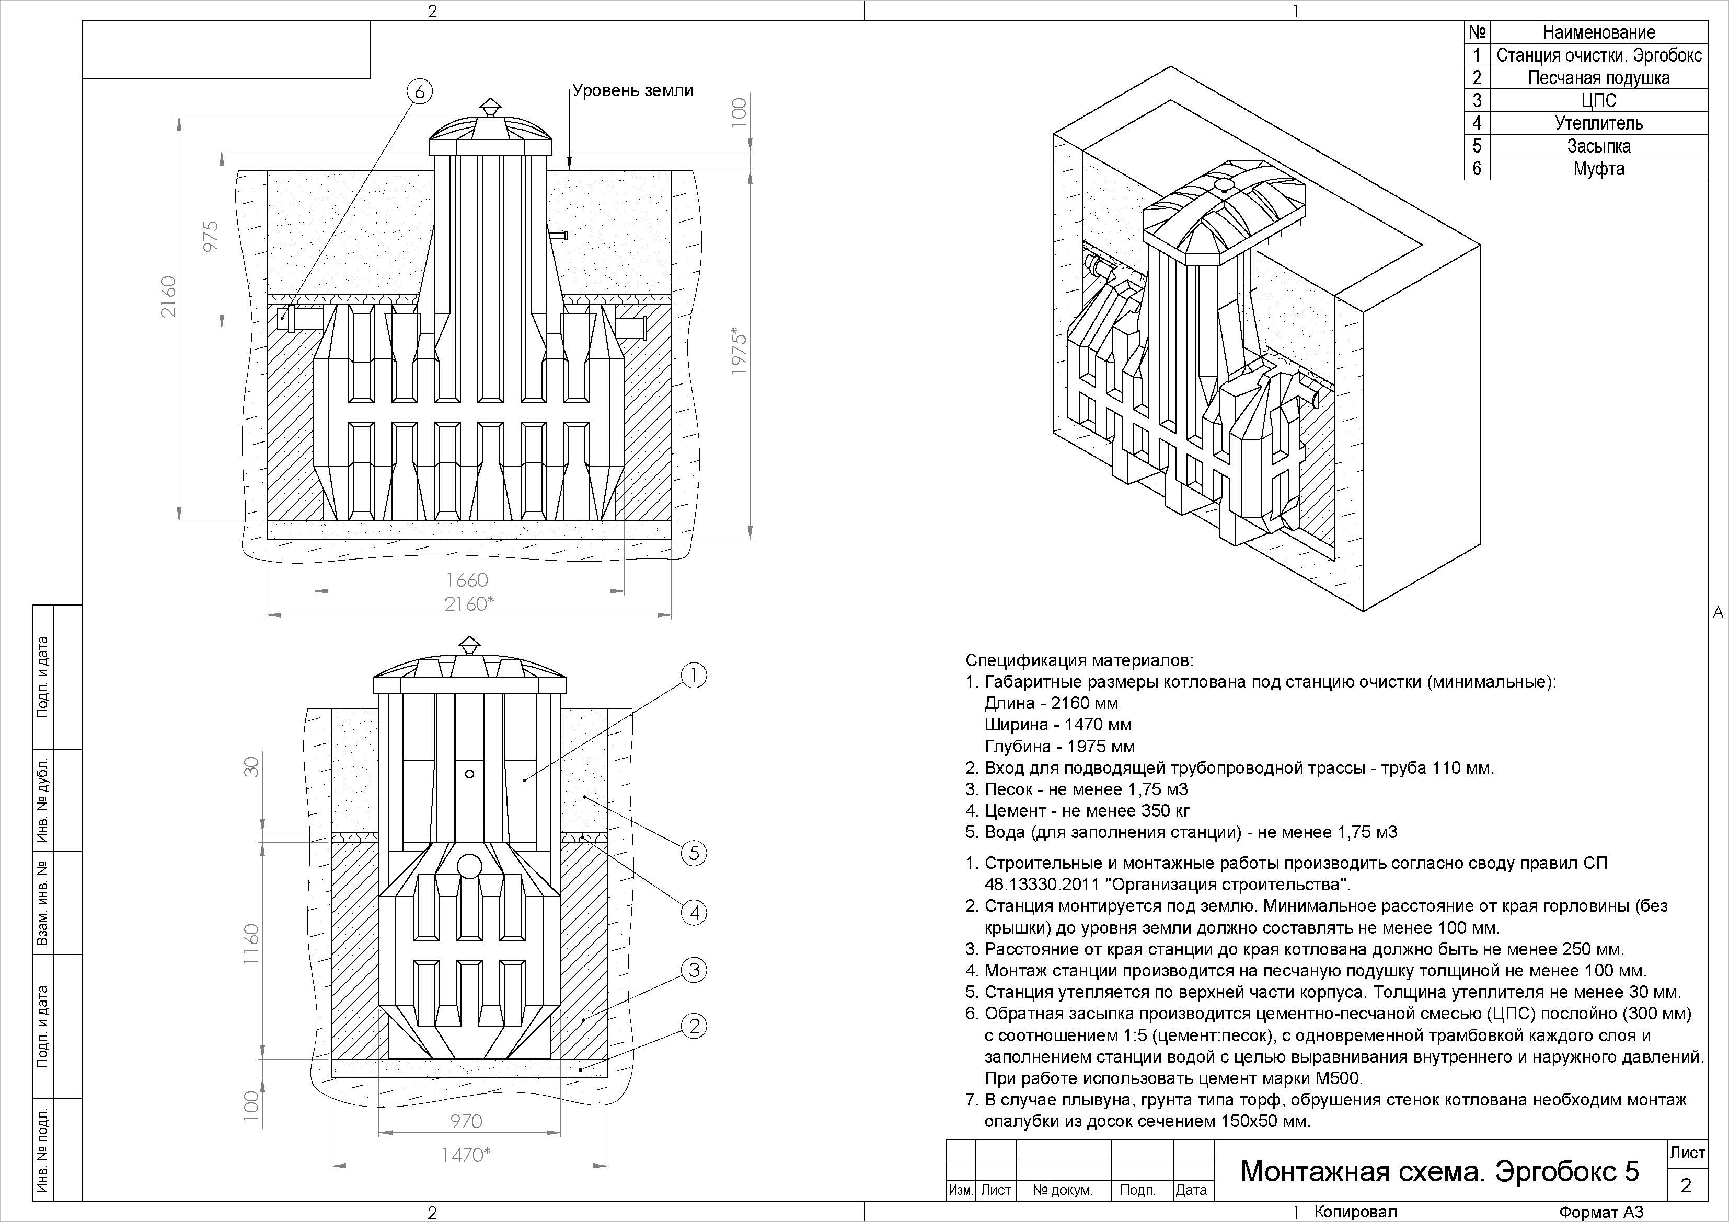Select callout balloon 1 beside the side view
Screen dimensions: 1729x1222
[694, 676]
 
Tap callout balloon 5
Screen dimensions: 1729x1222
[694, 853]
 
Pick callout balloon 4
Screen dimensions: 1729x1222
[694, 913]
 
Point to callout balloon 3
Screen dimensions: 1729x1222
[694, 970]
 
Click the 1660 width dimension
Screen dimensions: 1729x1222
[467, 580]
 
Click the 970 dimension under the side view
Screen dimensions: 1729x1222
[466, 1122]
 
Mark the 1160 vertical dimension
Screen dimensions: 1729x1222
[251, 944]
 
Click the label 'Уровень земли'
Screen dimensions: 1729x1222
[632, 91]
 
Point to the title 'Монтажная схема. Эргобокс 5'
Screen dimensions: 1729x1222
[1439, 1171]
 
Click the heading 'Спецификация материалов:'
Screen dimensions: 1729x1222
[1079, 660]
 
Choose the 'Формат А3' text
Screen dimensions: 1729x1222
[1601, 1212]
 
